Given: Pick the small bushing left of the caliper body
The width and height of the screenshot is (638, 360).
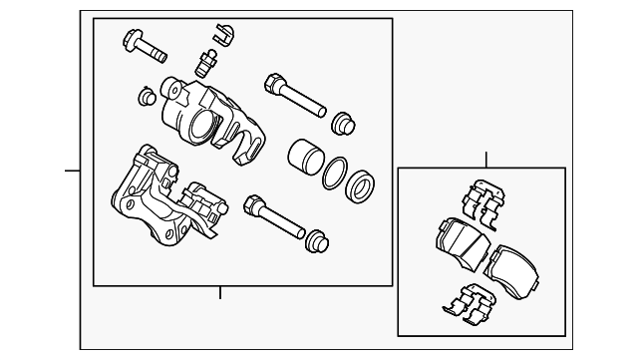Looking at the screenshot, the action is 145,97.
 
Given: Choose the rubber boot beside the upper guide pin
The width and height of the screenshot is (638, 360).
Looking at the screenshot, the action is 343,123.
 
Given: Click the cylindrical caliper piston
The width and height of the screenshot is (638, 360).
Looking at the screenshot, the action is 303,158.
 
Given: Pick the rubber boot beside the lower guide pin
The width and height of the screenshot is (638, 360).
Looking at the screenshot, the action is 317,242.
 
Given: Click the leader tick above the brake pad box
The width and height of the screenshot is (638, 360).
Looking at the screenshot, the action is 485,160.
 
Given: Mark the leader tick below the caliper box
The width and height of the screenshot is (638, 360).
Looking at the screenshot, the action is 220,292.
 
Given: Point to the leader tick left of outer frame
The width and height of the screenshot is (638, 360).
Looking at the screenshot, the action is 72,171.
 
